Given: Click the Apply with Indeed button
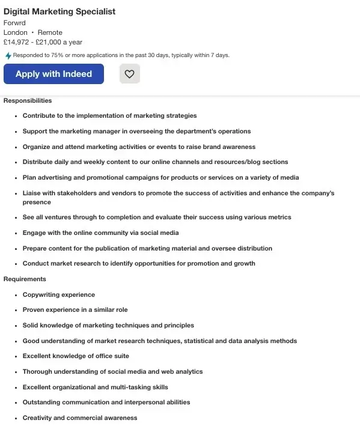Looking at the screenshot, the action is pos(53,74).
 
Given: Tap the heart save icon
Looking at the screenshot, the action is pos(130,74).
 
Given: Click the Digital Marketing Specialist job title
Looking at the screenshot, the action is pos(59,11).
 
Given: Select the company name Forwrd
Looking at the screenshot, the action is pos(14,23).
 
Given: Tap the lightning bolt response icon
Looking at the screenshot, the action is pos(8,55).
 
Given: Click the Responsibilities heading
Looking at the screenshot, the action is pos(28,100).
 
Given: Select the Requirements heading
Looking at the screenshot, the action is pos(25,279).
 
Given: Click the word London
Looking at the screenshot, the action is pos(15,32).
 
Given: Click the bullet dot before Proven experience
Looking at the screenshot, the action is pos(16,310).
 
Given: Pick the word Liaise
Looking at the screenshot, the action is pos(32,193).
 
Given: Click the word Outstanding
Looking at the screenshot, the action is pos(44,402).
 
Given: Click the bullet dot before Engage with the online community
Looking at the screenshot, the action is pos(16,233).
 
